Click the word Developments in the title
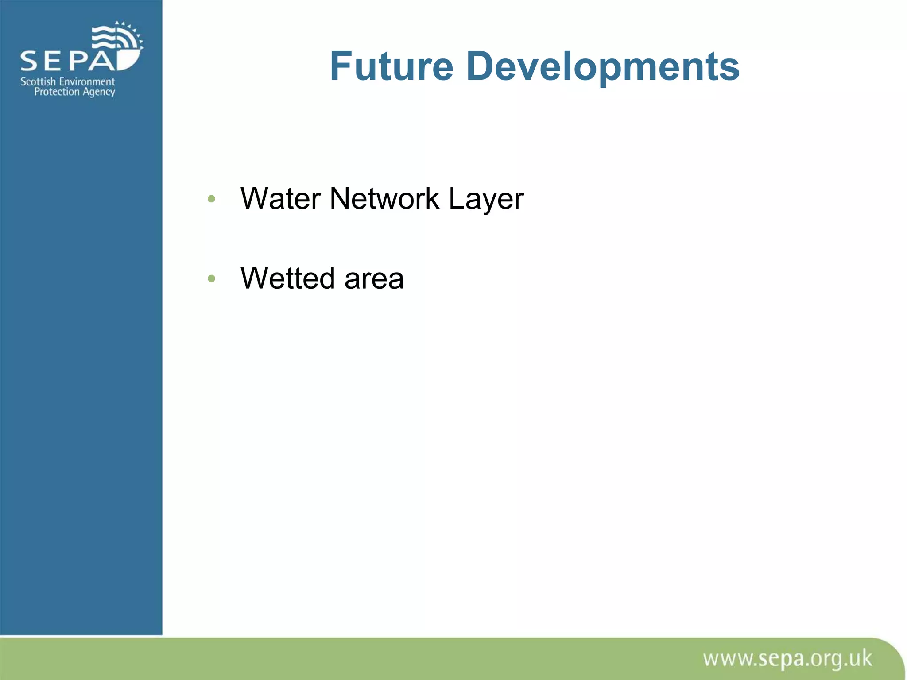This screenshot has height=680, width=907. point(602,67)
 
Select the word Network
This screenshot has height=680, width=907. point(384,198)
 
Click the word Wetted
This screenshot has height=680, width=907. point(287,278)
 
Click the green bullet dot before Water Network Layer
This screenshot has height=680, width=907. point(211,199)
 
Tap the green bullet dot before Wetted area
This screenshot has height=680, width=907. point(211,278)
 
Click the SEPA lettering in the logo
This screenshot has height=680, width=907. point(69,61)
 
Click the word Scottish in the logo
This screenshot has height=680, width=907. point(38,82)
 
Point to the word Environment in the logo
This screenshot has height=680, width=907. point(87,82)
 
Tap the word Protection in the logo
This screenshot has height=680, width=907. point(57,92)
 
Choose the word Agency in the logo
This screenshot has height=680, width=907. point(99,93)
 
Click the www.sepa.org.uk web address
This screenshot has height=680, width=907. point(787,659)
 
